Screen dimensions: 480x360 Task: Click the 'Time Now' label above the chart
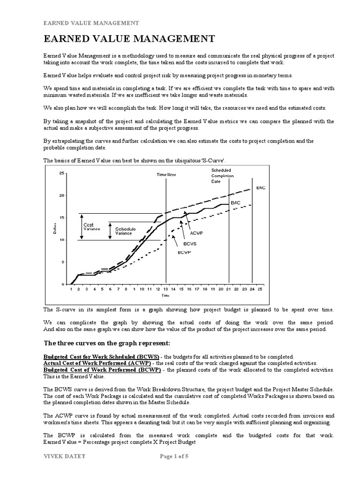tap(166, 174)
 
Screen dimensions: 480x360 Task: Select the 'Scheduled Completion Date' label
tap(222, 175)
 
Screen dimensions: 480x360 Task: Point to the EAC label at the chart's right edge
tap(261, 187)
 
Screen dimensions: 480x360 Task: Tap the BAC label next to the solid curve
tap(235, 202)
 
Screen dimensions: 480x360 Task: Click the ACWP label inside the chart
tap(196, 232)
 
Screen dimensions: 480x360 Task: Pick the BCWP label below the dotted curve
tap(185, 252)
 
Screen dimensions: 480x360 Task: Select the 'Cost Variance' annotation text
tap(89, 227)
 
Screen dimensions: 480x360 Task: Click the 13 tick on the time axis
tap(165, 290)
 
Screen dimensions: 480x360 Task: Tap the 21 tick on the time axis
tap(229, 290)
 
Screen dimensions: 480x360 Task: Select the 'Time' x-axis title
tap(165, 296)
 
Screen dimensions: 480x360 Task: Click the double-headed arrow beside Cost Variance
tap(81, 227)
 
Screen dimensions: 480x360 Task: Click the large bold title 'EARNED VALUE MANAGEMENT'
tap(122, 38)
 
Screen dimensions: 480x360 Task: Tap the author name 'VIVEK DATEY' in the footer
tap(62, 469)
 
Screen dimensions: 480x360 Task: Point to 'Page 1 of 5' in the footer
tap(179, 469)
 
